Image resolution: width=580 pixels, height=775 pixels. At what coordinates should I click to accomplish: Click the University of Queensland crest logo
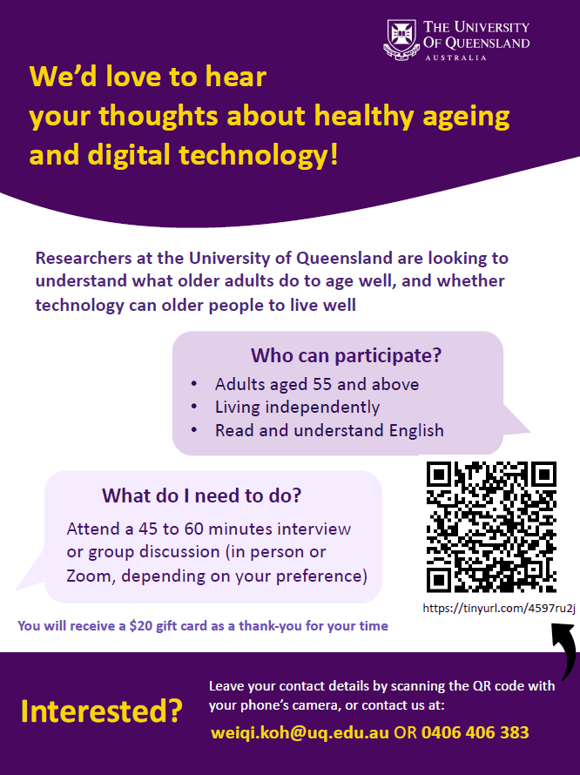pyautogui.click(x=401, y=39)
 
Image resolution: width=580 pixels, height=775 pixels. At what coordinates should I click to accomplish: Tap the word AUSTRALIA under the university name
pyautogui.click(x=455, y=57)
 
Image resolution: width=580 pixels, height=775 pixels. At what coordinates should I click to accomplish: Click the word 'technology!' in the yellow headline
pyautogui.click(x=258, y=155)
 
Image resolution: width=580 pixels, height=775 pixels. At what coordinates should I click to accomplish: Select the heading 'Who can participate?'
pyautogui.click(x=346, y=355)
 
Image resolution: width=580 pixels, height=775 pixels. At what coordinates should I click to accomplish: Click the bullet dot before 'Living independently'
pyautogui.click(x=194, y=407)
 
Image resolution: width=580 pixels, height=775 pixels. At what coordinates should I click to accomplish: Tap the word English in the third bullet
pyautogui.click(x=416, y=430)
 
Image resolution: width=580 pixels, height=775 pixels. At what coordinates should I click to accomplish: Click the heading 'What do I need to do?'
pyautogui.click(x=201, y=495)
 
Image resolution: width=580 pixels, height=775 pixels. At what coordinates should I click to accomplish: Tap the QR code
pyautogui.click(x=491, y=526)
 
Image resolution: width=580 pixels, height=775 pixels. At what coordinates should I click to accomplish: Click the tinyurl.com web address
pyautogui.click(x=499, y=608)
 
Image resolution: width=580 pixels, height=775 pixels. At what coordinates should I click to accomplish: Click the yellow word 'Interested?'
pyautogui.click(x=102, y=711)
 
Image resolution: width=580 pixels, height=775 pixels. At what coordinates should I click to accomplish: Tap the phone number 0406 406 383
pyautogui.click(x=475, y=732)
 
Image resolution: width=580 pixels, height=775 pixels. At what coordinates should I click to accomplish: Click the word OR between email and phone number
pyautogui.click(x=406, y=732)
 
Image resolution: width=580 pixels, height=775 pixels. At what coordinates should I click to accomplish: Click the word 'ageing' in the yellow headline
pyautogui.click(x=466, y=118)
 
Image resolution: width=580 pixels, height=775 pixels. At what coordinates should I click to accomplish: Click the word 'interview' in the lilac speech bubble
pyautogui.click(x=314, y=529)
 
